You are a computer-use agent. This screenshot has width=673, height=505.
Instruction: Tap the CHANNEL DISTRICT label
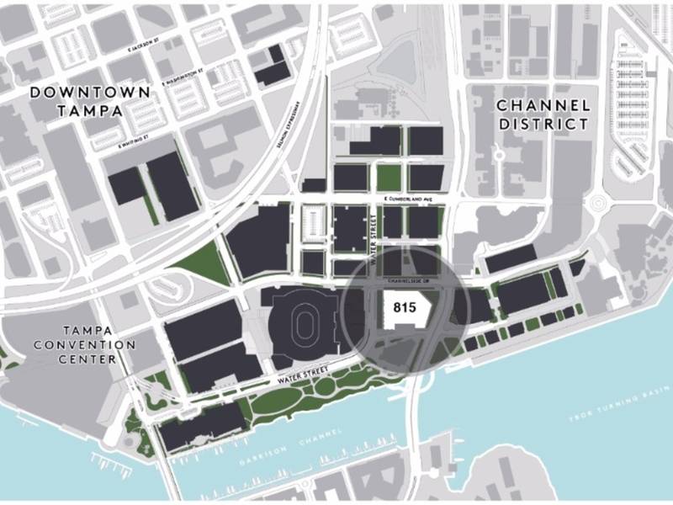pos(542,114)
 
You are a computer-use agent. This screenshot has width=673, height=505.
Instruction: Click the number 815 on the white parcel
pos(405,308)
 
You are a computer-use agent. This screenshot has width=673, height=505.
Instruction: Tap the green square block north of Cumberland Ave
pos(388,178)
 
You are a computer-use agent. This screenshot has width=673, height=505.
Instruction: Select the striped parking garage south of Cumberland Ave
pos(312,224)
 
